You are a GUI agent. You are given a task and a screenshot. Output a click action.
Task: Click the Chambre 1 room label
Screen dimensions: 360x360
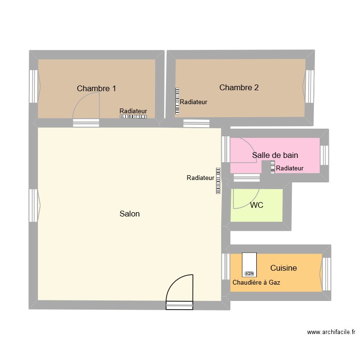click(x=96, y=88)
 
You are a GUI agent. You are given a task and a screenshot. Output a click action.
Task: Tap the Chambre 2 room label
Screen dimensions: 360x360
click(x=239, y=87)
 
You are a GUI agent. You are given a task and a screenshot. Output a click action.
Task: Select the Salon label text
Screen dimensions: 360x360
click(x=130, y=214)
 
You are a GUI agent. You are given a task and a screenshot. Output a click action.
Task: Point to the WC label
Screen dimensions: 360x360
click(x=256, y=205)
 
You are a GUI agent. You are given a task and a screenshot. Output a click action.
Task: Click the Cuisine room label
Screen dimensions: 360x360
click(x=283, y=268)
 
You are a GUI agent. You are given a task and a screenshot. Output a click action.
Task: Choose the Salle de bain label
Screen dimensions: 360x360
click(x=275, y=155)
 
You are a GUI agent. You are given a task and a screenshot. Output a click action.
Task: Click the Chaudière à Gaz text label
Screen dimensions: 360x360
click(x=256, y=283)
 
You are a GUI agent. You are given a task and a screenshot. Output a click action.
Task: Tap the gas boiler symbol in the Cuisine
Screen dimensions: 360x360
click(x=249, y=265)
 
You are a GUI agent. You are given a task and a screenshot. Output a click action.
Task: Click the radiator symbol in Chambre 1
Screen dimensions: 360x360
click(x=133, y=117)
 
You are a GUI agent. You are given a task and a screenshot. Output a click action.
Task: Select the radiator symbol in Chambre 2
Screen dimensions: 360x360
click(x=177, y=101)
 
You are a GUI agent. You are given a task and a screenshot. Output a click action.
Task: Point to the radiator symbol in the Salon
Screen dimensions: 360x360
click(x=218, y=180)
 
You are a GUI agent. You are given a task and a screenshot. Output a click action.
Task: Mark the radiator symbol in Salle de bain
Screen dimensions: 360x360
click(x=273, y=167)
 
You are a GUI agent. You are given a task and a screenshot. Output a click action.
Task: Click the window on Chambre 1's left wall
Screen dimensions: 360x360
click(x=34, y=86)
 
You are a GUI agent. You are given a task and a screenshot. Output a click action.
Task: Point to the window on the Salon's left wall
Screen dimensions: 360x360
click(x=34, y=205)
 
